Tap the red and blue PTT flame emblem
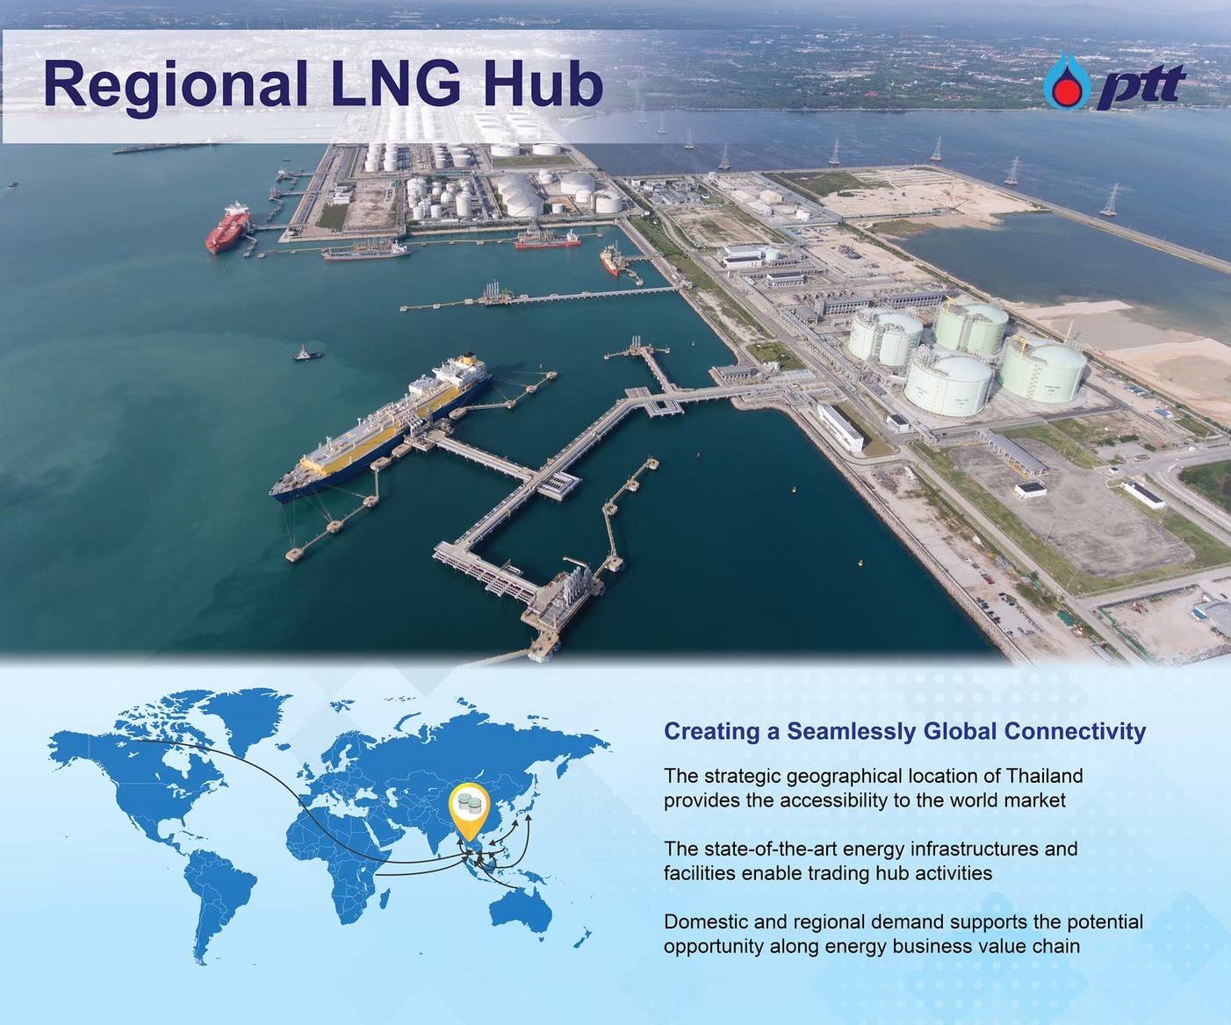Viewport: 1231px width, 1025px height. (x=1067, y=82)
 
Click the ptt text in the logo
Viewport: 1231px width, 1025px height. (x=1141, y=86)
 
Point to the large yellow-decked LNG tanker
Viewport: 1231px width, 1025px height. (x=381, y=426)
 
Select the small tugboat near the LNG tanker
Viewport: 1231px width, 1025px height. (x=307, y=354)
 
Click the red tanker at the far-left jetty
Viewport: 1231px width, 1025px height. (x=227, y=227)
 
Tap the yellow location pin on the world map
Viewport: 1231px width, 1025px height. (x=469, y=811)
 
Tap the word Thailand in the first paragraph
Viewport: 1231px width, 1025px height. (x=1044, y=775)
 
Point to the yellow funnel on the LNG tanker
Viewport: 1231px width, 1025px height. (x=468, y=359)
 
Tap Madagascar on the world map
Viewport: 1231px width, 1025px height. (x=384, y=900)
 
